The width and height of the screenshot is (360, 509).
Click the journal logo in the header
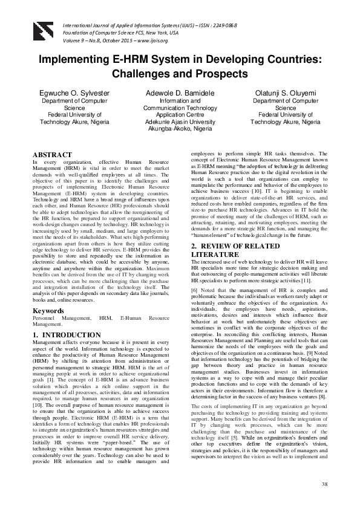click(x=44, y=25)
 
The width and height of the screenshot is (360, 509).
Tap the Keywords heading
click(x=48, y=311)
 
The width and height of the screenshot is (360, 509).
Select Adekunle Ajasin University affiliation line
click(x=180, y=122)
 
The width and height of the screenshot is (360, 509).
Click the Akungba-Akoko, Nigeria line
click(x=180, y=129)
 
